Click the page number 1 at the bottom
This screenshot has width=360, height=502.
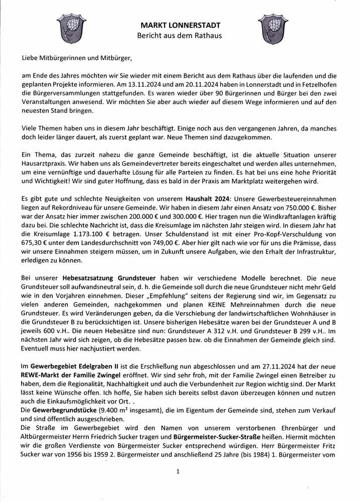178,471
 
